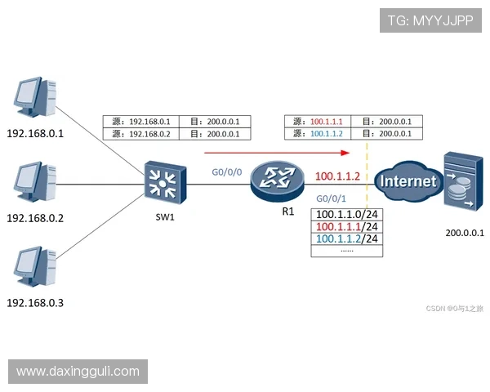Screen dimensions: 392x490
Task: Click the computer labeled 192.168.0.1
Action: [34, 100]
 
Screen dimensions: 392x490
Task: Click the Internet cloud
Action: [409, 180]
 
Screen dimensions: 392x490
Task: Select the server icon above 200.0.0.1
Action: [460, 181]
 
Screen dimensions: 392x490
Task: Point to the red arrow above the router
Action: [278, 153]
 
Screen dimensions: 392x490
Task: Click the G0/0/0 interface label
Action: [225, 172]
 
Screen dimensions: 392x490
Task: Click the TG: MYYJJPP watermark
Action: [430, 20]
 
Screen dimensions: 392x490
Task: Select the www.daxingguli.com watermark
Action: [78, 372]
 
